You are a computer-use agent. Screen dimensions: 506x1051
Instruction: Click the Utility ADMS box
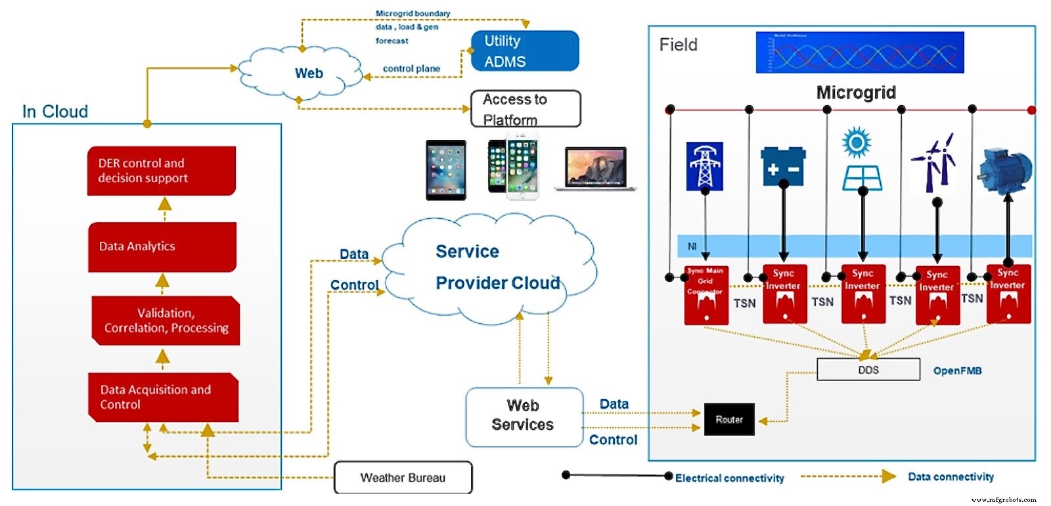coord(525,51)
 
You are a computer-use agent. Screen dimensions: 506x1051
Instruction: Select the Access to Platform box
coord(525,109)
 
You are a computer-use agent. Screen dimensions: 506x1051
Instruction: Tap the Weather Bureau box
coord(403,478)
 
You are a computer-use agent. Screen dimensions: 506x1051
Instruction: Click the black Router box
coord(729,419)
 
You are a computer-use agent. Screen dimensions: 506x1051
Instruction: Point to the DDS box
coord(868,370)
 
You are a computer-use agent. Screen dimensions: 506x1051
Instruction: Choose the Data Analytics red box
coord(162,247)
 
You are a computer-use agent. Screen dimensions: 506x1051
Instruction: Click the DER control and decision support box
coord(161,171)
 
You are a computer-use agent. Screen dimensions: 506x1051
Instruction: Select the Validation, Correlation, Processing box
coord(166,321)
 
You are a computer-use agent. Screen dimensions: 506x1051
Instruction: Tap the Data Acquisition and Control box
coord(163,398)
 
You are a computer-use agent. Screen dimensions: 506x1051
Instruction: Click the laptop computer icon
coord(596,170)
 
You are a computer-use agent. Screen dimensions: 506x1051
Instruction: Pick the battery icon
coord(783,166)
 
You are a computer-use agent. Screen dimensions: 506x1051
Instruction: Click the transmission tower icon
coord(704,166)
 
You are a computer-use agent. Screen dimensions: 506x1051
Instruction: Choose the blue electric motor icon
coord(1004,170)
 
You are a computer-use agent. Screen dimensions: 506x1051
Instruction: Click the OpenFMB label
coord(957,371)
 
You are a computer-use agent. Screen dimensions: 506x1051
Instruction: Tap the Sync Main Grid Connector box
coord(705,295)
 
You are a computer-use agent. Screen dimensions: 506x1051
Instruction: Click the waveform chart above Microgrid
coord(859,53)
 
